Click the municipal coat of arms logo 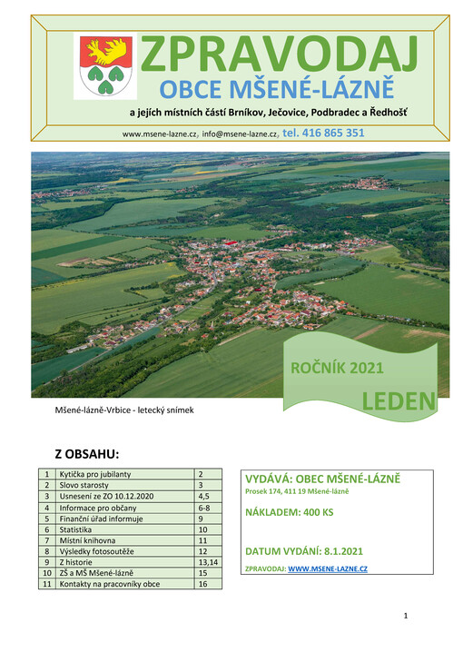coord(106,66)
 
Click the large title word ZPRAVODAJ coord(279,54)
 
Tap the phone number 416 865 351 coord(324,133)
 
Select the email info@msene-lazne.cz coord(241,133)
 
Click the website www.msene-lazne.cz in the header coord(160,133)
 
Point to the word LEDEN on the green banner coord(399,400)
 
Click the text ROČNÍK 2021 coord(337,368)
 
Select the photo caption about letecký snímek coord(124,410)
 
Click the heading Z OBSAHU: coord(87,453)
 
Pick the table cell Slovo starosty coord(85,486)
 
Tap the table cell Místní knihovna coord(88,540)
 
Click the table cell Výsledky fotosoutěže coord(99,551)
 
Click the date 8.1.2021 coord(344,551)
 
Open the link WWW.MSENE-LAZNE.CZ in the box coord(327,568)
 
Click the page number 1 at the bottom coord(406,617)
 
